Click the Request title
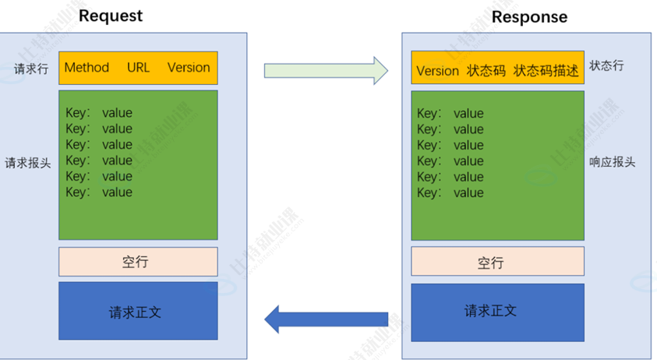tap(111, 16)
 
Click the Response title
tap(530, 16)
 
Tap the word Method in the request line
tap(87, 68)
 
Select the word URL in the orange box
tap(138, 68)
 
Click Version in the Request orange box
tap(189, 68)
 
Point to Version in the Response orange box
tap(437, 71)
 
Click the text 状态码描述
tap(546, 71)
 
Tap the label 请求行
tap(31, 69)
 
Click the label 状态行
tap(606, 65)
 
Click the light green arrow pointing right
tap(326, 70)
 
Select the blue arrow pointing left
tap(326, 318)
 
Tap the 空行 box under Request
tap(138, 262)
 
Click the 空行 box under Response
tap(497, 262)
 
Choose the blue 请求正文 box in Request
tap(138, 311)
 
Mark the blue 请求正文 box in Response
tap(497, 311)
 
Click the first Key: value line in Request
tap(99, 113)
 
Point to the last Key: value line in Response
tap(450, 192)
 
